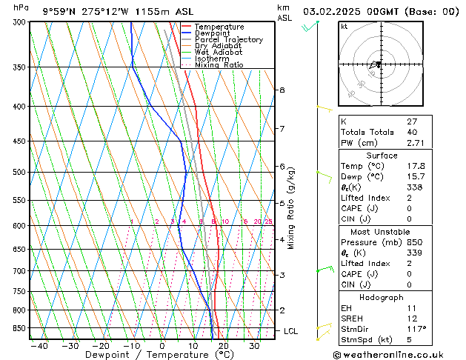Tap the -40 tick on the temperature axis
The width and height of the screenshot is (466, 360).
(x=39, y=345)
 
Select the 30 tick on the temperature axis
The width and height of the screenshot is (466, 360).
(x=254, y=345)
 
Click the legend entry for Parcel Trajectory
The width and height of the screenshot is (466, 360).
(x=228, y=39)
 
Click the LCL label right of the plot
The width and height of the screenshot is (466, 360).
(x=290, y=331)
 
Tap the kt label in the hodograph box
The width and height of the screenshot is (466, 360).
(x=344, y=26)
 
